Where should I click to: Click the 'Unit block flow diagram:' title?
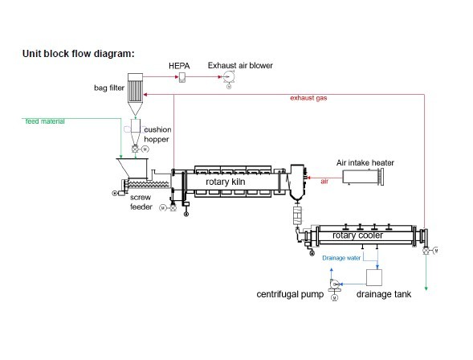(79, 53)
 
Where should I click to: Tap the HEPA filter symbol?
(182, 77)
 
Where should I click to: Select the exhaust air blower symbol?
(229, 77)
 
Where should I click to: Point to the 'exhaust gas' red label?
(308, 98)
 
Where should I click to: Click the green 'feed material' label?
(45, 121)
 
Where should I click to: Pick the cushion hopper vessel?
(135, 132)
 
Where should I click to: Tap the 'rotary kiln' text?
(225, 182)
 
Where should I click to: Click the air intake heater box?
(363, 177)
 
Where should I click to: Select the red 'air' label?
(324, 182)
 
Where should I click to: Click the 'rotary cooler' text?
(357, 235)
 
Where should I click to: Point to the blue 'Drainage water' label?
(341, 258)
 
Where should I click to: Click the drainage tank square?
(374, 277)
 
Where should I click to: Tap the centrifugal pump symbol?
(334, 284)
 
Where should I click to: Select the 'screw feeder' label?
(141, 202)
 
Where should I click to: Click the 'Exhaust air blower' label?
(240, 65)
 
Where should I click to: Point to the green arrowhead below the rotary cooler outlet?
(426, 288)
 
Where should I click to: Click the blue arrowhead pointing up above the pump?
(331, 269)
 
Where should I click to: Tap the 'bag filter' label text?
(109, 88)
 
